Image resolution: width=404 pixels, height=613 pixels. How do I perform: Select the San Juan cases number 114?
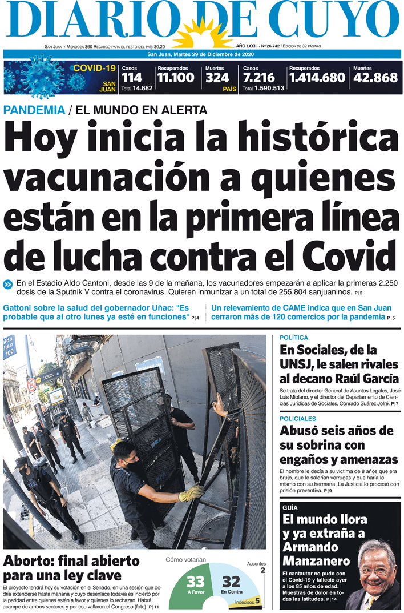point(131,77)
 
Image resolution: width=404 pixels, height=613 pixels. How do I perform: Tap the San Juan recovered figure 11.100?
point(176,77)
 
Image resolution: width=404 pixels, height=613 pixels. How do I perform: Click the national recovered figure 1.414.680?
point(317,77)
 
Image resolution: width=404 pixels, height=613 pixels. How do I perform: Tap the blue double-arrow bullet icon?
point(9,284)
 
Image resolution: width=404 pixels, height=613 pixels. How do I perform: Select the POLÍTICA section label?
point(294,338)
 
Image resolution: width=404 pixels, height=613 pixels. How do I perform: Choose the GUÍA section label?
point(290,507)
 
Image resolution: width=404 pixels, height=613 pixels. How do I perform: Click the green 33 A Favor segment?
point(196,585)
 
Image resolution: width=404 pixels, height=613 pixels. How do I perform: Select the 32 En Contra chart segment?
point(231,584)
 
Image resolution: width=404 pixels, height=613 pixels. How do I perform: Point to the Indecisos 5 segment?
point(254,601)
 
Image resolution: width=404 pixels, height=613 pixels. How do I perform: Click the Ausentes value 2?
point(262,570)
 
